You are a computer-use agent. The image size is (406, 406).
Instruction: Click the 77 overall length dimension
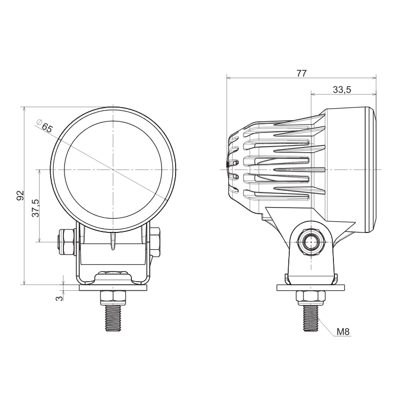tap(301, 73)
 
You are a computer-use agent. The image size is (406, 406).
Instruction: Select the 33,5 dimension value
tap(342, 90)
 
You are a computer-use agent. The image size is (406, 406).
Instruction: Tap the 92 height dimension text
tap(20, 195)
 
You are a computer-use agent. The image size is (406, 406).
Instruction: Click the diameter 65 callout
tap(44, 126)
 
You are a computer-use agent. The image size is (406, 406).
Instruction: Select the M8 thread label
tap(344, 332)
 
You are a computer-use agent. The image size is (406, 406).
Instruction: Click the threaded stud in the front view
tap(113, 317)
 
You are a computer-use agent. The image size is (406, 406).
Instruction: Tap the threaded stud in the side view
tap(310, 317)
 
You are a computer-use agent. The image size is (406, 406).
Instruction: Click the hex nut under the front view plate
tap(113, 296)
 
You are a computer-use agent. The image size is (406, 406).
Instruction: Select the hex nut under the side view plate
tap(310, 296)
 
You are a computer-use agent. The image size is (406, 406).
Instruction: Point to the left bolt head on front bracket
tap(66, 242)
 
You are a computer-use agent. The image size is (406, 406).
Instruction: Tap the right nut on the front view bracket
tap(155, 242)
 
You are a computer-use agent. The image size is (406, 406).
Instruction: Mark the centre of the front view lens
tap(113, 168)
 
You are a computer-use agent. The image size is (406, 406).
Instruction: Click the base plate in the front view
tap(113, 288)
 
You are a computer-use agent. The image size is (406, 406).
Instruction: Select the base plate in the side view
tap(310, 288)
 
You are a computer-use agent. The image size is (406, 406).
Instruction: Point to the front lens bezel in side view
tap(372, 168)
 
